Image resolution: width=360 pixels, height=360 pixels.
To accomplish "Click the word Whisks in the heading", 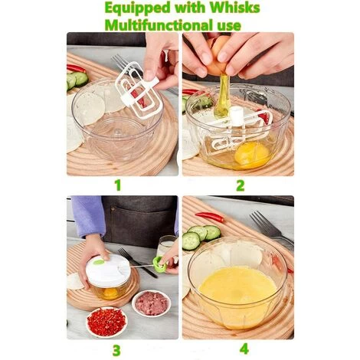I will tap(231, 8).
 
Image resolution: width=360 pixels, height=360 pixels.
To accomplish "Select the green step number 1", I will tap(117, 185).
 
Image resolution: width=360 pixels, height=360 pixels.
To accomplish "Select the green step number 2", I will tap(240, 185).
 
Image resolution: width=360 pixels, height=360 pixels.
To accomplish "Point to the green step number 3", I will tap(117, 350).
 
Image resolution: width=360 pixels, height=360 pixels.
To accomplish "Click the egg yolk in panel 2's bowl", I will tap(251, 153).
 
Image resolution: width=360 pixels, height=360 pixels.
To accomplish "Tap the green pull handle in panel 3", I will tap(159, 265).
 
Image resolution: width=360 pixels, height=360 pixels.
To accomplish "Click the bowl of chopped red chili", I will tap(106, 321).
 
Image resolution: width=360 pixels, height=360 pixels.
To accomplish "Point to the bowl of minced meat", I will tap(151, 303).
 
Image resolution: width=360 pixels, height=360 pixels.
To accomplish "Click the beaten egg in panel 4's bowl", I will tap(237, 288).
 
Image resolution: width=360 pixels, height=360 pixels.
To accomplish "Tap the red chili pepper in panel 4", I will tap(210, 217).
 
